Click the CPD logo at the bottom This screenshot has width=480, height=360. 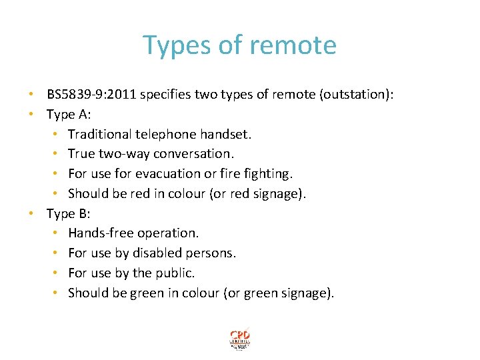[x=240, y=339]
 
